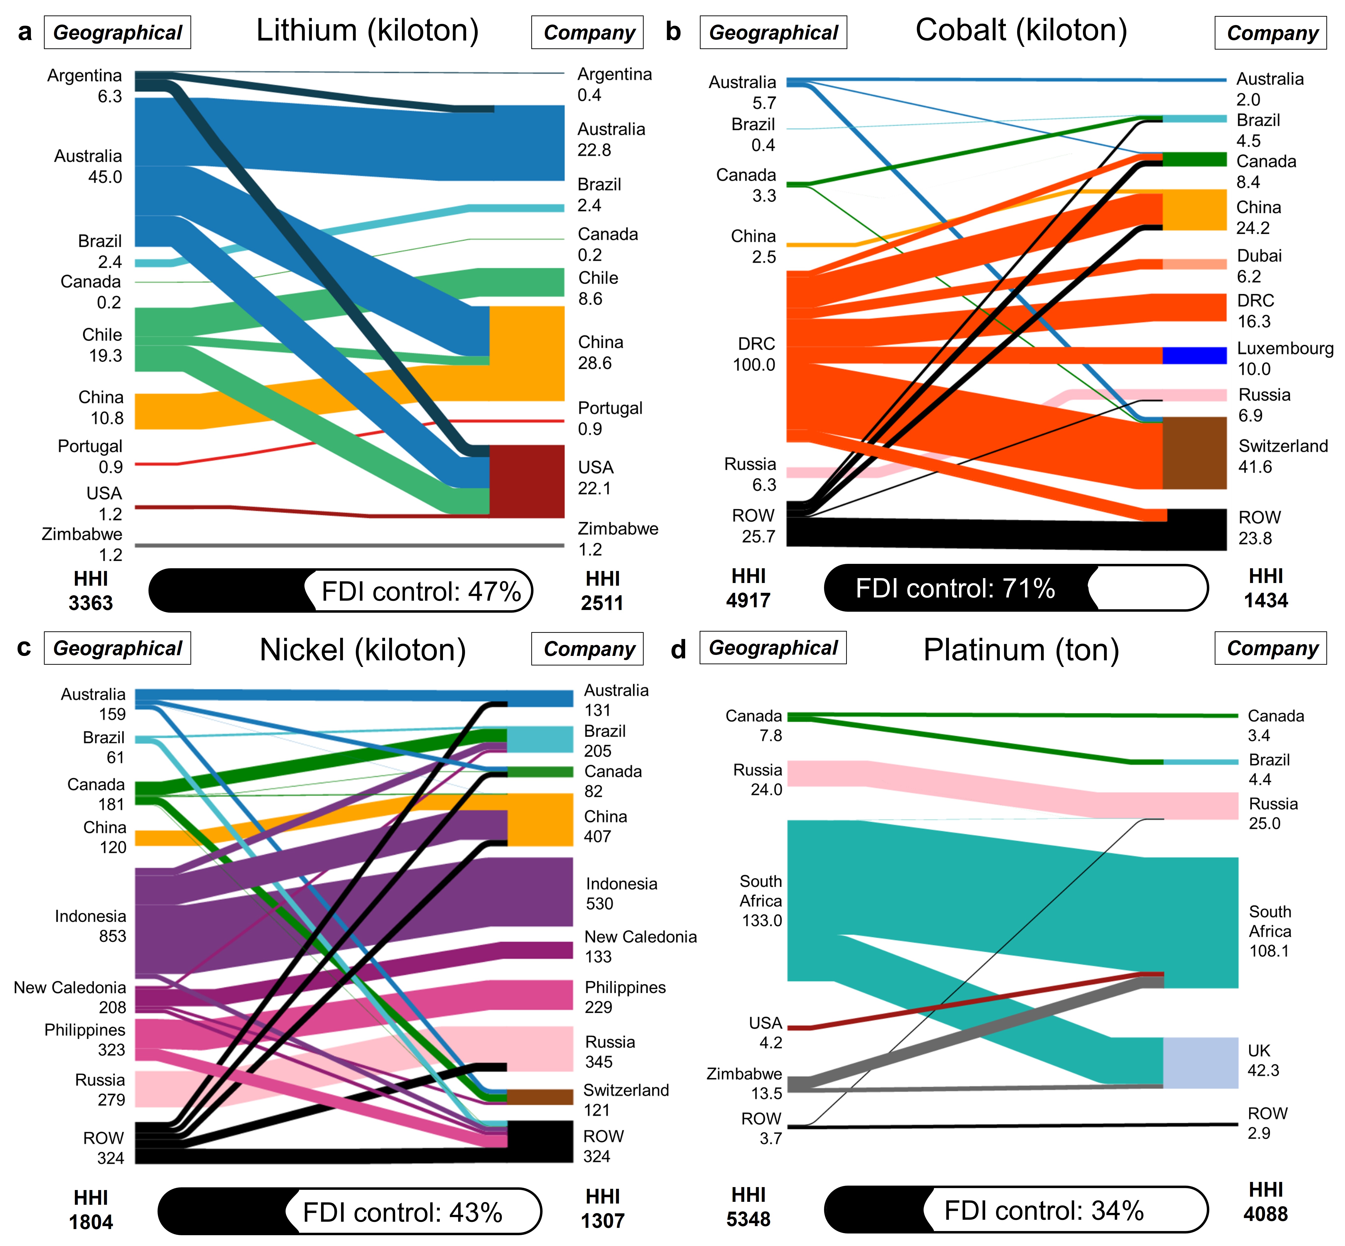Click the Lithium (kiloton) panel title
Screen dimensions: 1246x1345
[x=367, y=31]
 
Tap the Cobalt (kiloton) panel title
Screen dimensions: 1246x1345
[x=1021, y=31]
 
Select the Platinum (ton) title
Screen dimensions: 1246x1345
[x=1021, y=650]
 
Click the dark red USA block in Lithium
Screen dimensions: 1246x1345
[x=527, y=481]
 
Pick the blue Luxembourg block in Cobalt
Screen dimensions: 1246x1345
[x=1194, y=355]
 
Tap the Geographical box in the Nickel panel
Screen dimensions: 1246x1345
[x=117, y=648]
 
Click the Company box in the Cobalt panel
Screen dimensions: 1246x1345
[x=1270, y=33]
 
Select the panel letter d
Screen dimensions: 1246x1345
[x=678, y=649]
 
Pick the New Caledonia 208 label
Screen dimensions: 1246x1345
[x=70, y=997]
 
